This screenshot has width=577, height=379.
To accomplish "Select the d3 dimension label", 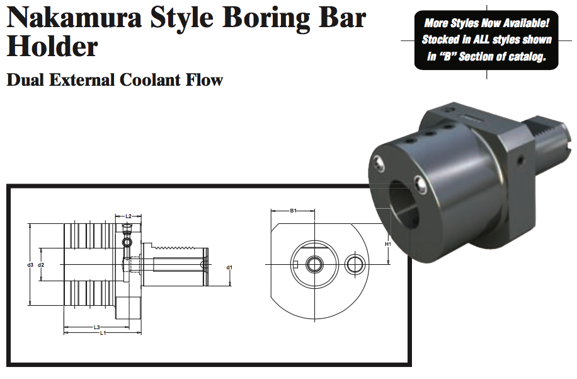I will [x=30, y=265].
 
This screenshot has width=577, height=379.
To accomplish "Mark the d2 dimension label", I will [x=41, y=265].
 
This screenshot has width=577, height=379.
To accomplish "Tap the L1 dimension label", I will [x=103, y=333].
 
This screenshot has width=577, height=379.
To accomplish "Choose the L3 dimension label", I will [x=96, y=327].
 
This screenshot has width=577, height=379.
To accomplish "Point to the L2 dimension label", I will [x=129, y=216].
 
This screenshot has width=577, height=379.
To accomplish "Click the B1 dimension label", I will [x=293, y=211].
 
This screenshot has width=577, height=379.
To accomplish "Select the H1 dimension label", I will [x=388, y=243].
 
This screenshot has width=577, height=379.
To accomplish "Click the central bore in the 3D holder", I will [x=403, y=205].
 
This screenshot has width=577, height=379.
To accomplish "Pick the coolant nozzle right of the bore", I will [x=421, y=185].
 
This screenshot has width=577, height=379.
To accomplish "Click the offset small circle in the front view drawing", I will [x=355, y=264].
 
